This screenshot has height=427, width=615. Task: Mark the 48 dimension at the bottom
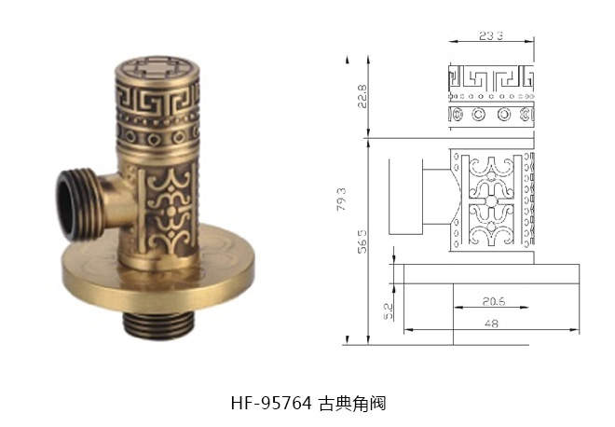pos(490,323)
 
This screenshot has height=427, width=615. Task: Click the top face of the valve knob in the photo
pos(156,67)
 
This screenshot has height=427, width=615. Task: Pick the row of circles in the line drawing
pos(491,116)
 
